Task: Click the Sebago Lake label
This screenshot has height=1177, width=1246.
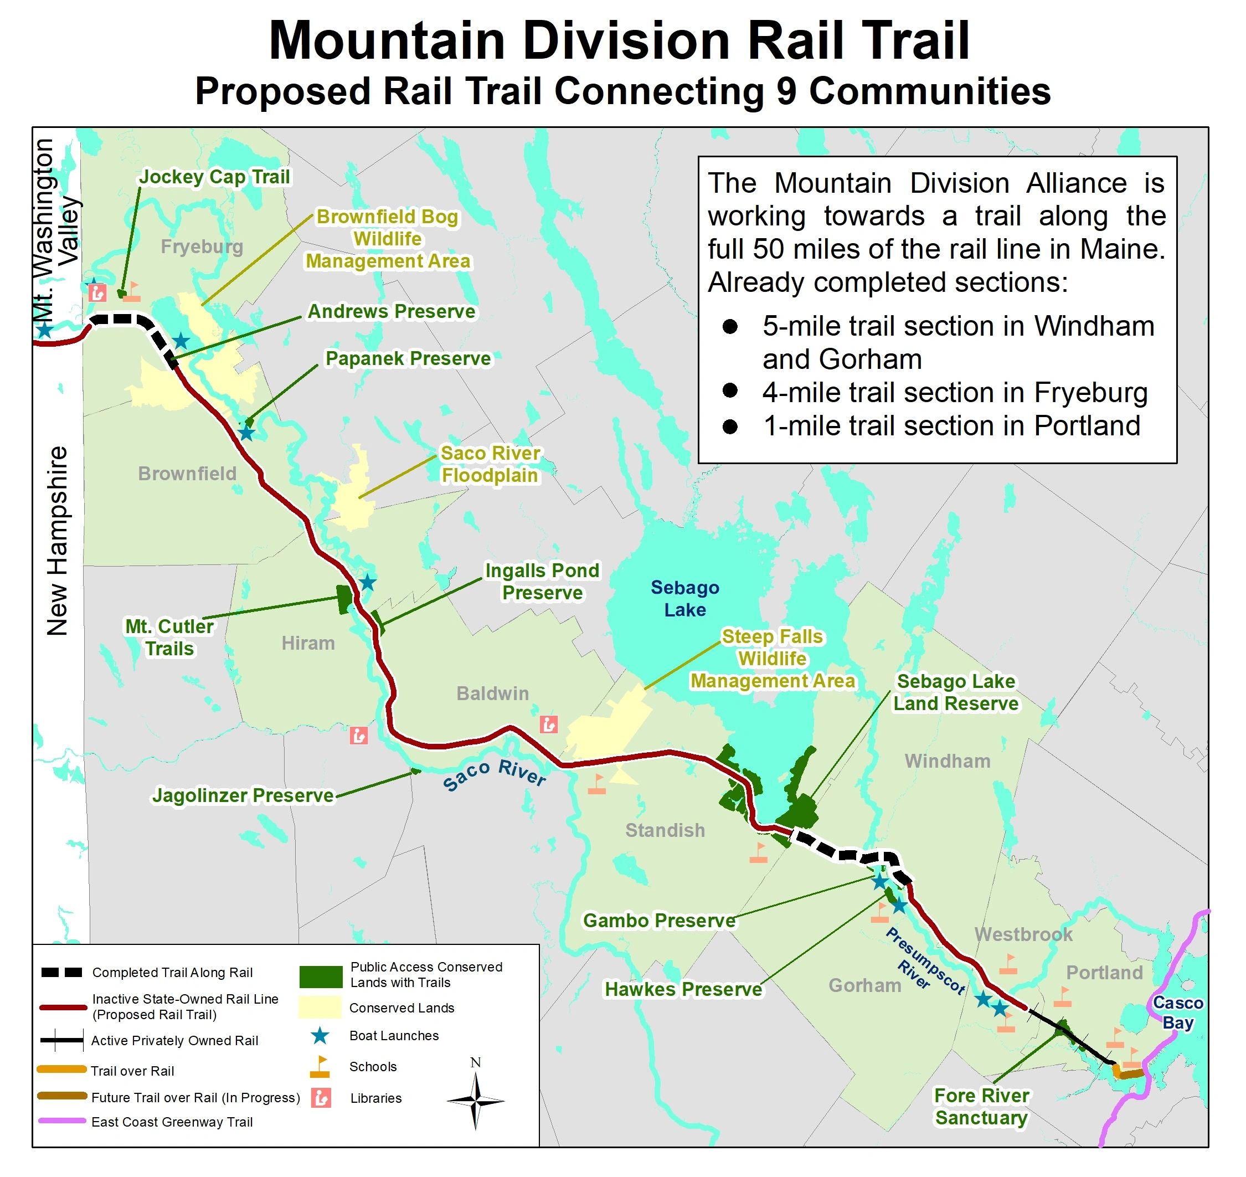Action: point(684,599)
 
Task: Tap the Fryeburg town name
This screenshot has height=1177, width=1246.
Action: point(202,246)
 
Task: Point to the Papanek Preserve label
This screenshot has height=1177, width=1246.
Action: point(408,358)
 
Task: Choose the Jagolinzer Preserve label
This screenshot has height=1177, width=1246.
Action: point(244,795)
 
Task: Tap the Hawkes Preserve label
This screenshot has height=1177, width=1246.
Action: point(683,989)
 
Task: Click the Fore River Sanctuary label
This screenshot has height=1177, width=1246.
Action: point(981,1107)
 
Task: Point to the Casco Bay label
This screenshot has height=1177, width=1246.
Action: point(1178,1012)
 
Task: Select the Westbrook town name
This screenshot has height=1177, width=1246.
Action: point(1023,934)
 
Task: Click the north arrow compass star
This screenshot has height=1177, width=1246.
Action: point(476,1100)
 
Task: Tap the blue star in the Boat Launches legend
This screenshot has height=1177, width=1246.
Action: point(320,1036)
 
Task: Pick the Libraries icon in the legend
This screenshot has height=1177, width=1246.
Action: point(321,1098)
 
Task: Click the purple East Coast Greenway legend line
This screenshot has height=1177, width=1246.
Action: point(61,1121)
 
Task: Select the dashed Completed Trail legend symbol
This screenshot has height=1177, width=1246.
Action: point(61,973)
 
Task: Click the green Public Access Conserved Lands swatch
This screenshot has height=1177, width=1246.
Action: point(321,976)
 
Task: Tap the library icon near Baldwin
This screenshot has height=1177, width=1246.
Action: point(548,724)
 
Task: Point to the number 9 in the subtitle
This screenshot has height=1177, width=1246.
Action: point(785,91)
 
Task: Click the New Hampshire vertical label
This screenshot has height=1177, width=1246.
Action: point(57,541)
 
